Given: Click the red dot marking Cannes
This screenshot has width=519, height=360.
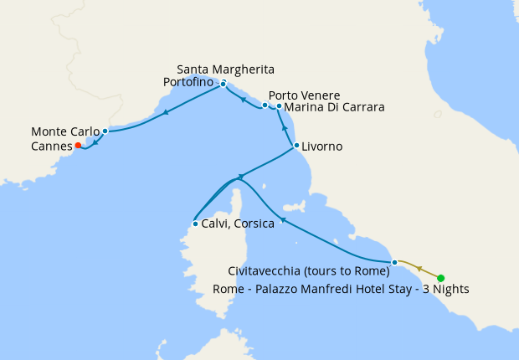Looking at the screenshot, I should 78,146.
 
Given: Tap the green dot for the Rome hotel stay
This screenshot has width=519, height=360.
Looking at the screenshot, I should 441,278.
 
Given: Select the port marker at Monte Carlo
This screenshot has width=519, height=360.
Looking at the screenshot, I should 105,131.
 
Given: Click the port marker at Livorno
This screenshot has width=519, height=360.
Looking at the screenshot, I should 296,146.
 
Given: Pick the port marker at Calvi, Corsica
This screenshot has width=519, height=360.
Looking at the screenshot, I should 194,224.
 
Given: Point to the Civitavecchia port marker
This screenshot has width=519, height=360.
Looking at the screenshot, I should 394,263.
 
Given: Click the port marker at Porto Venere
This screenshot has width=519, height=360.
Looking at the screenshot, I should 265,105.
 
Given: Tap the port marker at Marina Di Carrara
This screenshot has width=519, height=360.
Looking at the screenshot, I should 279,107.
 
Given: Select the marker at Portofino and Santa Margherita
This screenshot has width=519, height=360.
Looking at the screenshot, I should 223,84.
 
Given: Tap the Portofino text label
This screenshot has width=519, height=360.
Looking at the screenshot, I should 191,82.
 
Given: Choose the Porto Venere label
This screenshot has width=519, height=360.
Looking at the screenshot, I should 304,95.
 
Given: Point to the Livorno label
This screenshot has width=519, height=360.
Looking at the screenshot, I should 323,147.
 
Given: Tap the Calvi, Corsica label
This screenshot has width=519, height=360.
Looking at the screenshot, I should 238,224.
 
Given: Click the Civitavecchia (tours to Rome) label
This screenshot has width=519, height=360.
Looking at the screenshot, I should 309,270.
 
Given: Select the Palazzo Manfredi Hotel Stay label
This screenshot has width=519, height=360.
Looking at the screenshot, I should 342,289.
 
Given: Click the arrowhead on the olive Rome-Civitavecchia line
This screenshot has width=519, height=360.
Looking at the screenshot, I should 419,269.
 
